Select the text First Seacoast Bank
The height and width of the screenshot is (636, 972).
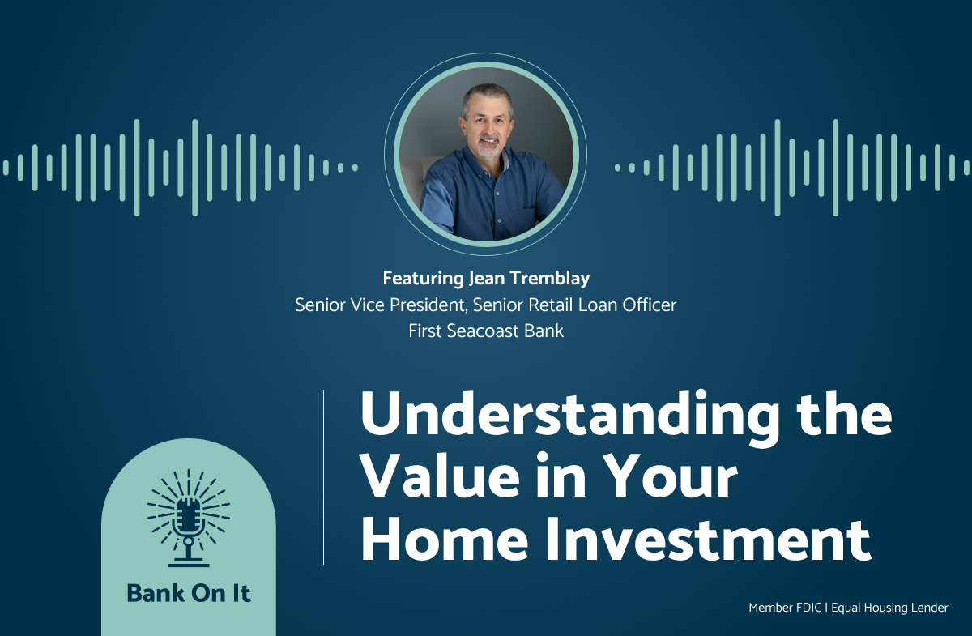click(486, 331)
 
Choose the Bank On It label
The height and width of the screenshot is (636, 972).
click(189, 593)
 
